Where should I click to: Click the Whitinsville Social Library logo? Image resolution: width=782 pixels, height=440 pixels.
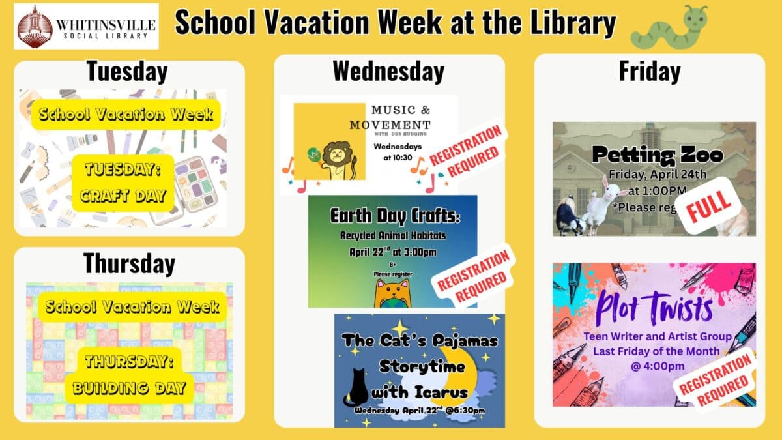pos(86,26)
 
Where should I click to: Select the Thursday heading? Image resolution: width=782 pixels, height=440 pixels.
pos(129,263)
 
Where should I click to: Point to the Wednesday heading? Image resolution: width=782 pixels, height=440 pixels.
pos(388,71)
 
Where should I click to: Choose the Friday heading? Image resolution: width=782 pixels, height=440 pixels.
pos(649,71)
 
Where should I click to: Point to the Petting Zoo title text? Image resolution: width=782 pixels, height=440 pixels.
pos(658,155)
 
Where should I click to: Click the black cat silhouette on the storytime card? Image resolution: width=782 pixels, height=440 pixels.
pos(356,388)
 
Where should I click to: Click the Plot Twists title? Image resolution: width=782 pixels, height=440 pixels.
pos(654,309)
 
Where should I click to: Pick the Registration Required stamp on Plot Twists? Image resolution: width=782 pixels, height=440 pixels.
pos(714,377)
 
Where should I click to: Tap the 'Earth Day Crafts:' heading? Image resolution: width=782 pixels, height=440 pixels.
pos(392,216)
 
